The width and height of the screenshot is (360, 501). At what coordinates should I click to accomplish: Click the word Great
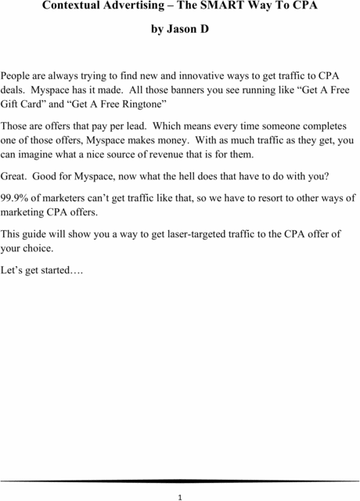click(15, 175)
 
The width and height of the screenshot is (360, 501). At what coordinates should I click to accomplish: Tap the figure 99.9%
click(16, 197)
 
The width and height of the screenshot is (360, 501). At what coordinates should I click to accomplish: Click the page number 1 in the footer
click(180, 496)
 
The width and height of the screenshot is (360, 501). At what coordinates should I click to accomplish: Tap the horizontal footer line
click(180, 480)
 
